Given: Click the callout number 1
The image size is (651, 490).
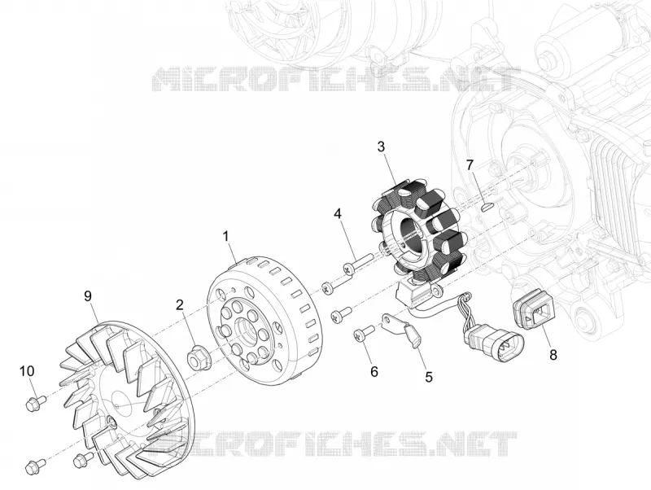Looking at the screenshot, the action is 226,236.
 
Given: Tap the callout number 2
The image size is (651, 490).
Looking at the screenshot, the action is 179,304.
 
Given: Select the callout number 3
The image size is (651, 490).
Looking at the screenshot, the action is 381,147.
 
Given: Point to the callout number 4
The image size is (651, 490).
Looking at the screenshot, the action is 338,214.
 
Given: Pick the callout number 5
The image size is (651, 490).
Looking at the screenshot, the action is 429,377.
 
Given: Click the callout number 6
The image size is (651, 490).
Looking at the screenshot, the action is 374,372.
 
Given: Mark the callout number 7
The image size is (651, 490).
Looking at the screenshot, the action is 470,165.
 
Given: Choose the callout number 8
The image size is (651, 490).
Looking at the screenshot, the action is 553,355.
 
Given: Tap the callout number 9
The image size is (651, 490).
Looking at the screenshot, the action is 88,296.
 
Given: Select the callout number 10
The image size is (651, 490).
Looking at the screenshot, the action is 27,371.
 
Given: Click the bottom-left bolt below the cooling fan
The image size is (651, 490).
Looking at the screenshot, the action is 35,466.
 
